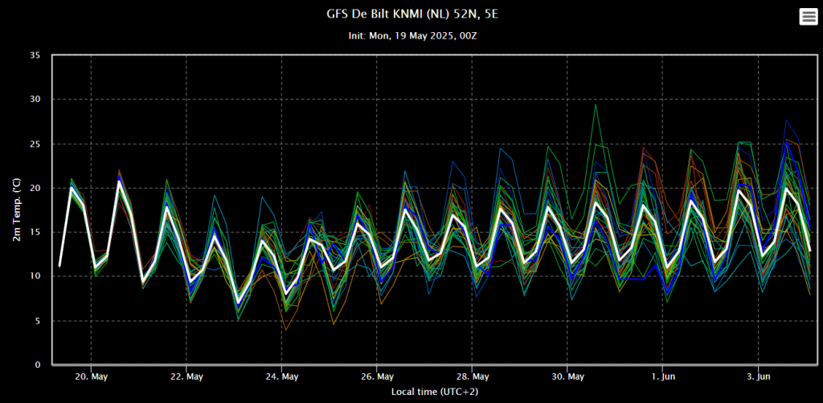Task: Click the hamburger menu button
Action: pos(808,17)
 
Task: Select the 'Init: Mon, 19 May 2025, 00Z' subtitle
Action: pos(412,36)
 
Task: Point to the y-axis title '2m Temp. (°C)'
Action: pos(18,210)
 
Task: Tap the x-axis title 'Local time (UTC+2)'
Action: pos(435,392)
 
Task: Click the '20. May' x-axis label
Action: pos(92,377)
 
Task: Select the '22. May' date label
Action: pos(186,377)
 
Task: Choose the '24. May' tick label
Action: pos(282,377)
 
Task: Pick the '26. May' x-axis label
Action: pos(377,377)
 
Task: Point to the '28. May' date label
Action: pos(472,377)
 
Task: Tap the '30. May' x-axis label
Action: pos(567,377)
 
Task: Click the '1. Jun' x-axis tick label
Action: pos(662,377)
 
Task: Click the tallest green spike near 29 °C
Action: pos(596,104)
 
